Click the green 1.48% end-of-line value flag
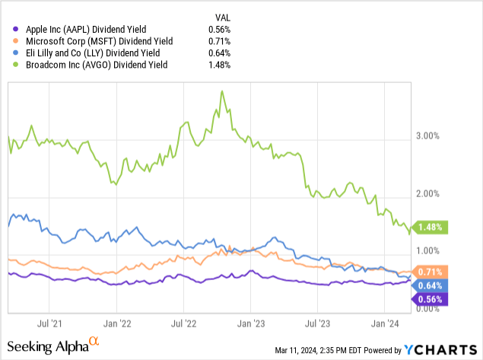point(431,227)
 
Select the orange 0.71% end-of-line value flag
point(431,272)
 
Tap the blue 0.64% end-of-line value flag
point(431,285)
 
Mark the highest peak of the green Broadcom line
point(221,91)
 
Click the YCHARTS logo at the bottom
point(442,349)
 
